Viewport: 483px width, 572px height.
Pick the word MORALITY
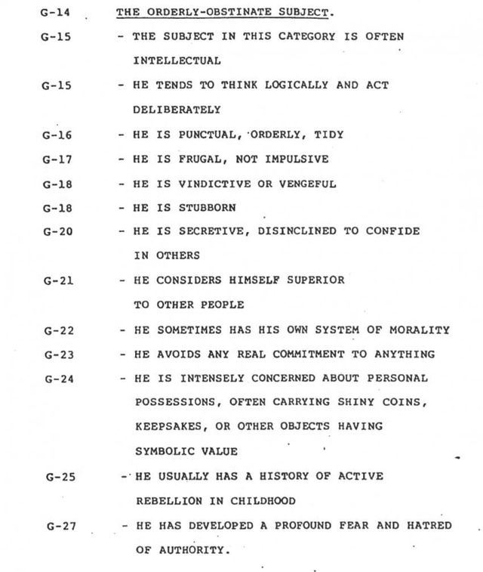pos(422,330)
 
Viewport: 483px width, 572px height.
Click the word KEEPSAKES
pos(165,426)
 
